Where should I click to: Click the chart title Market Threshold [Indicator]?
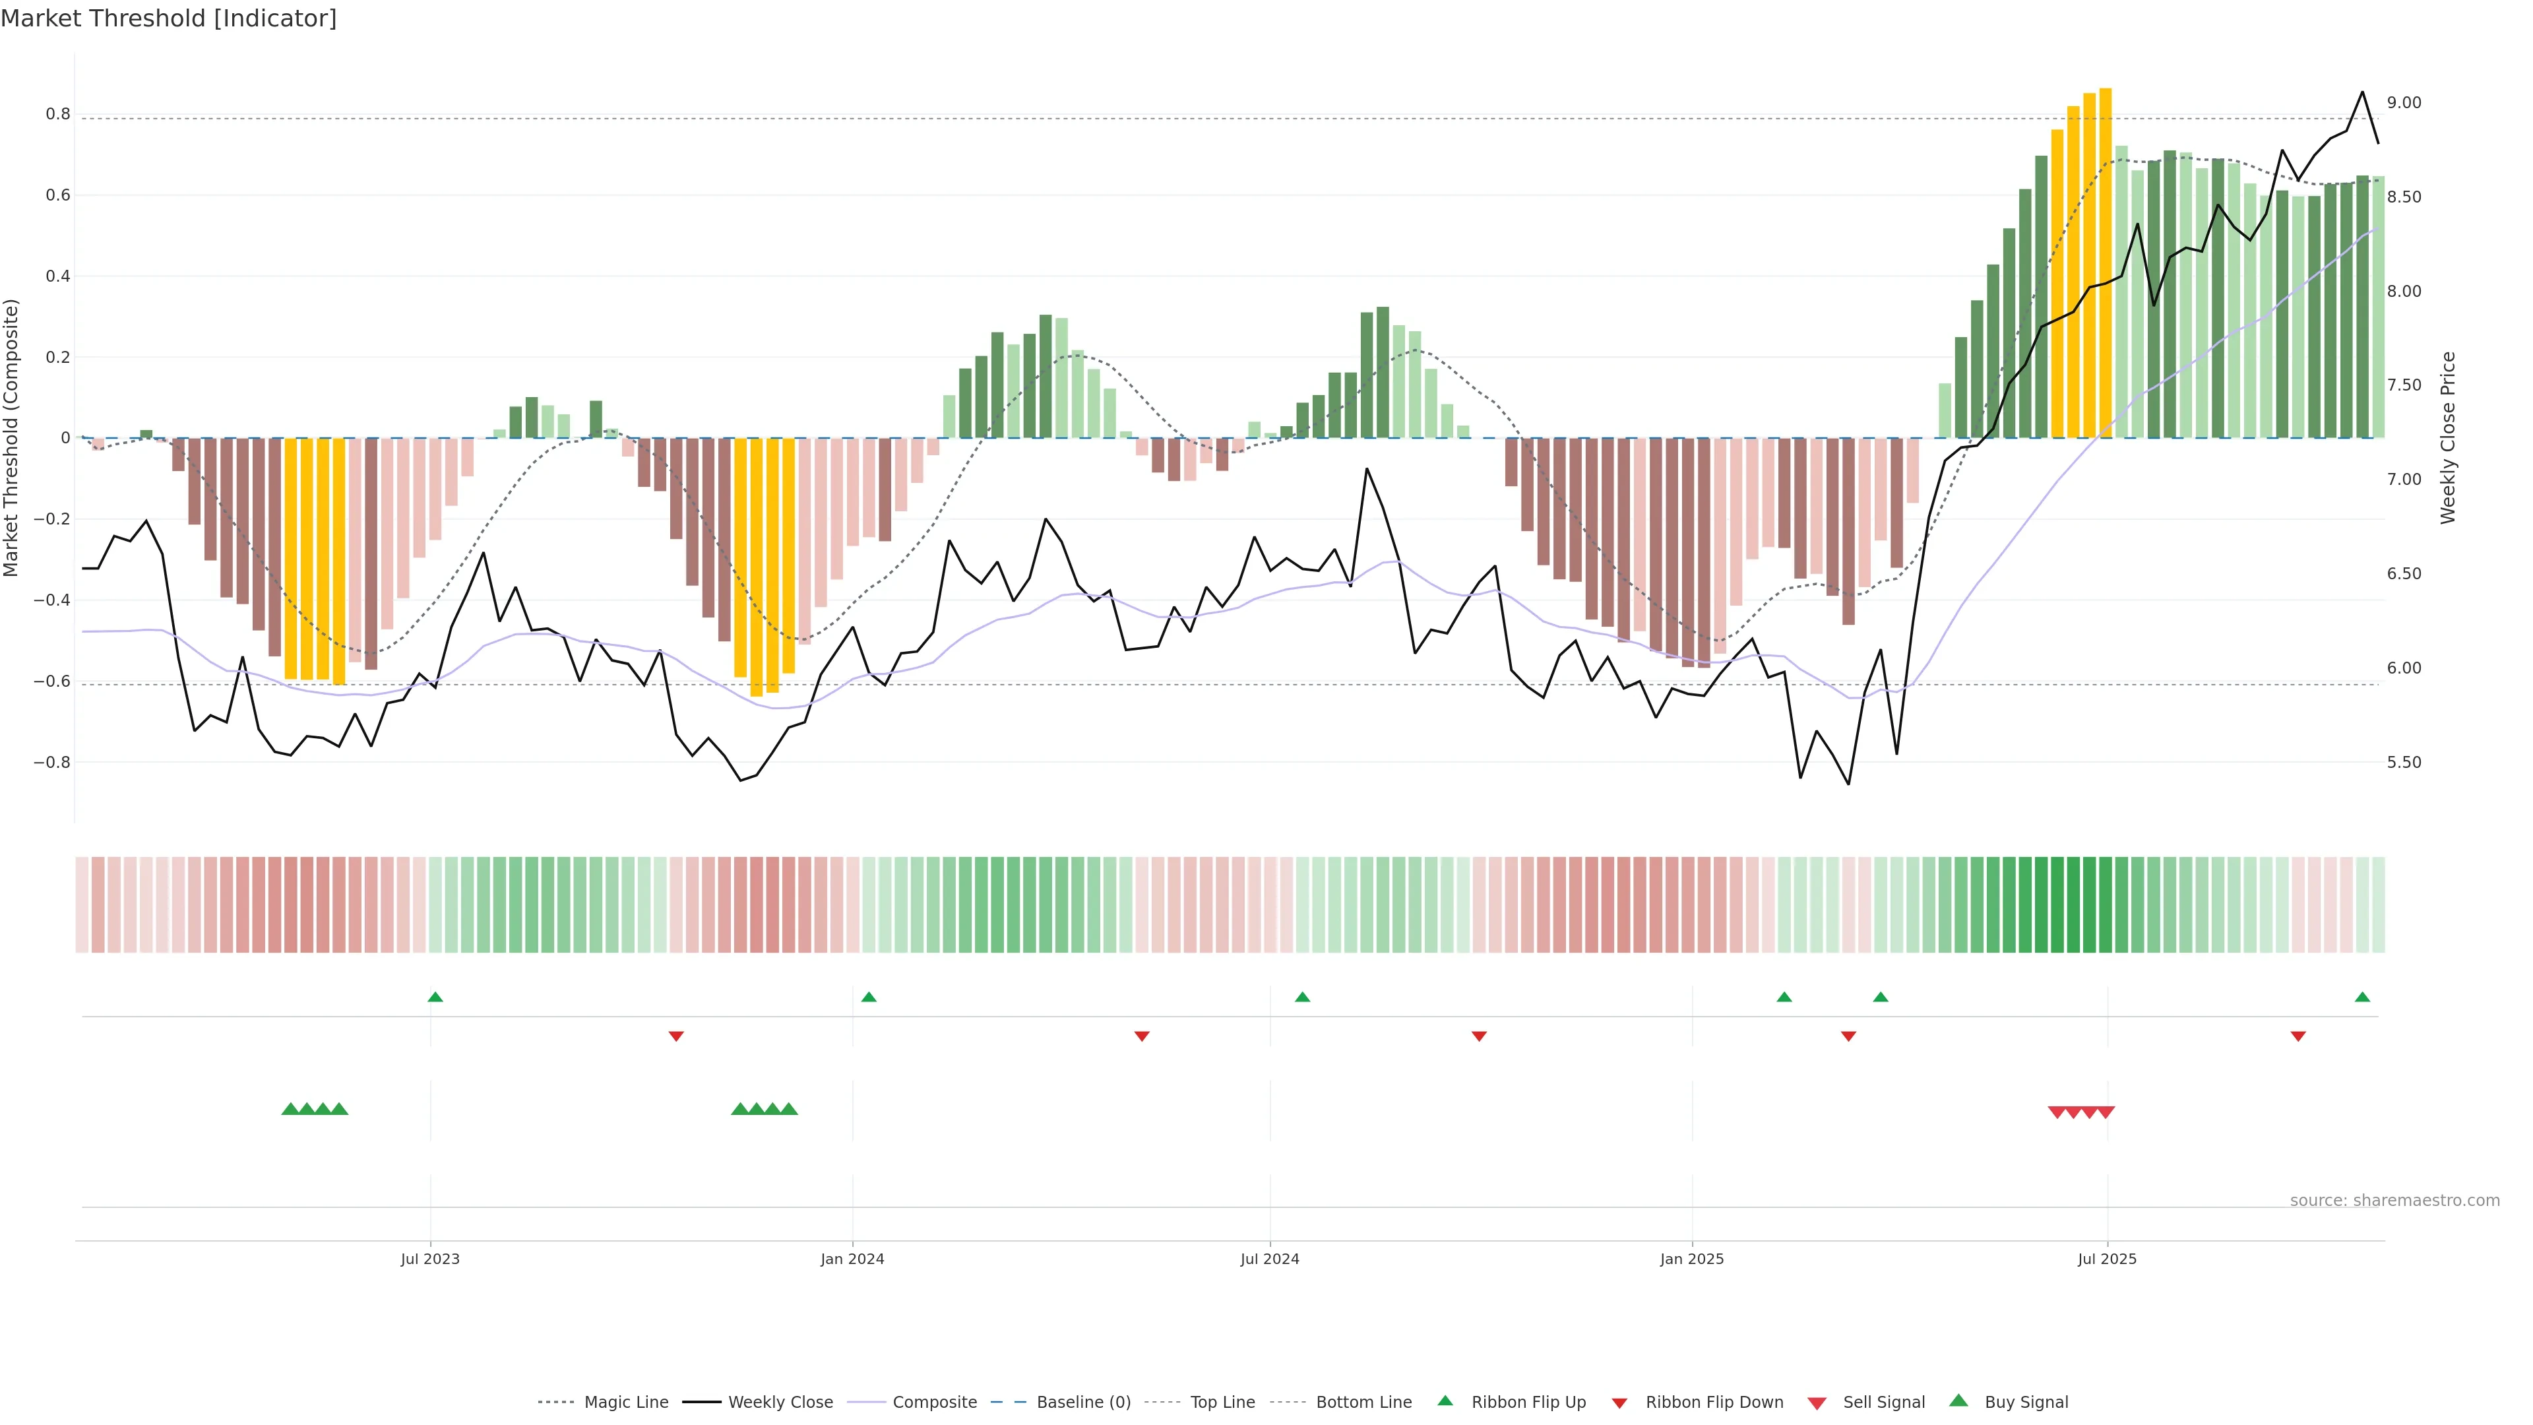168,18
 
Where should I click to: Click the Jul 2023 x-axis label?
429,1259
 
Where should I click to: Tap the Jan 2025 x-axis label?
1691,1259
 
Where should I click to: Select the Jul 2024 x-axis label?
1269,1259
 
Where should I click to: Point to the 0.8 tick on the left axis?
58,114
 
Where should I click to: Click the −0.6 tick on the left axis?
52,681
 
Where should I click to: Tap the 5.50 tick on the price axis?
2404,762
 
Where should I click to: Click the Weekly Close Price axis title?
2447,437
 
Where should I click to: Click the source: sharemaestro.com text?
2394,1200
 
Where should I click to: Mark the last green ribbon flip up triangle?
2362,997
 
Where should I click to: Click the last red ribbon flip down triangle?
2298,1036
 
